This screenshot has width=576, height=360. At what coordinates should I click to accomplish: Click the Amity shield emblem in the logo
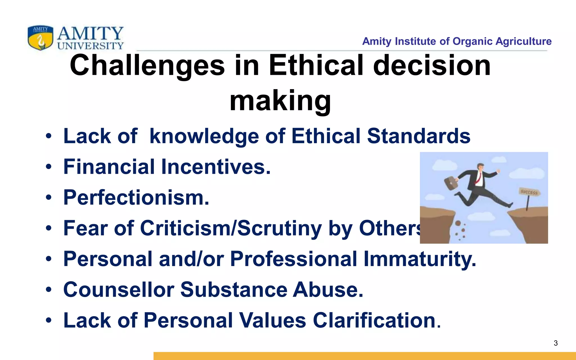[x=40, y=38]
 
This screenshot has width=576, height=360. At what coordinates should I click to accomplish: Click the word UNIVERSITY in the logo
[x=90, y=46]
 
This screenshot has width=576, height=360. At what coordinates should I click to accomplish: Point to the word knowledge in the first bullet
[x=204, y=136]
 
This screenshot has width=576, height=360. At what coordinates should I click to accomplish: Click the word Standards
[x=418, y=136]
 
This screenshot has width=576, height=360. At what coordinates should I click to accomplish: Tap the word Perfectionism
[x=136, y=197]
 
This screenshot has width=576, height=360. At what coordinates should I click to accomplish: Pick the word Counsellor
[x=119, y=289]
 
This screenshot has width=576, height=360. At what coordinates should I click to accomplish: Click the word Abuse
[x=328, y=289]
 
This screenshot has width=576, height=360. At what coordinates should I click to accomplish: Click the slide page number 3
[x=555, y=343]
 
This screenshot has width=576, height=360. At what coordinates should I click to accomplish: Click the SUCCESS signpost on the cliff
[x=529, y=193]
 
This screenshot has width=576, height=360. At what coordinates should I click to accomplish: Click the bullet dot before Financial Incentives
[x=49, y=167]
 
